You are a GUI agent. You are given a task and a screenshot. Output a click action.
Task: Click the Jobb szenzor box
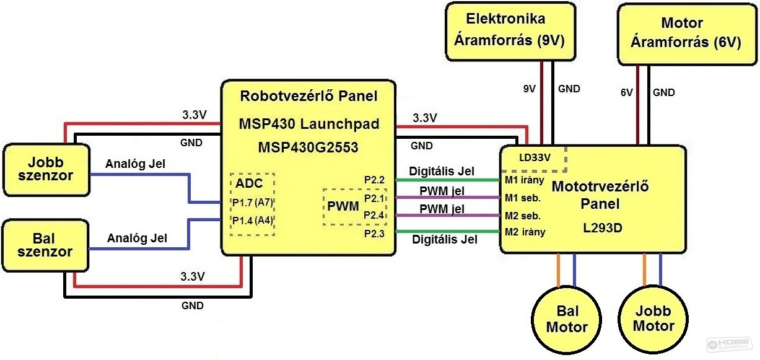click(x=46, y=170)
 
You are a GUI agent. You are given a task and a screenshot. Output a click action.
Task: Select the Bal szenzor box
click(x=45, y=245)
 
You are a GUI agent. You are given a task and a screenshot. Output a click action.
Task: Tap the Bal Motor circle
click(x=567, y=320)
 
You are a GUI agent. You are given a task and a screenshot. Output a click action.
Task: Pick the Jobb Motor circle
click(x=653, y=319)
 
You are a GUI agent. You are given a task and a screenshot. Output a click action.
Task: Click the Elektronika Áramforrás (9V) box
click(x=510, y=32)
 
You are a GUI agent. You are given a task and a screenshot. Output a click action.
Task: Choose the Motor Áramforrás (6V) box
click(x=687, y=34)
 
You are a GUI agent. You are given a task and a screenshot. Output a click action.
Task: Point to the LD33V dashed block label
click(x=535, y=157)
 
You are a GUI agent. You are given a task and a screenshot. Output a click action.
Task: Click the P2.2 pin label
click(x=374, y=180)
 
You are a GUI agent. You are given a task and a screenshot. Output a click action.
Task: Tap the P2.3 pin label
click(x=374, y=234)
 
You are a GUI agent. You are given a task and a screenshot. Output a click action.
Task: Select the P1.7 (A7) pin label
click(x=253, y=203)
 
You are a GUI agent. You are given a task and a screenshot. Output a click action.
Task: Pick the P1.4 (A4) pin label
click(x=253, y=221)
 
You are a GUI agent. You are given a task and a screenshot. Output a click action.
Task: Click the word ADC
click(x=249, y=183)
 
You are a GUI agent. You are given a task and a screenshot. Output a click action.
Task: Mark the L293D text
click(x=603, y=227)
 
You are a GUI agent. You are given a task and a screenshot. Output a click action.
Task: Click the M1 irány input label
click(x=525, y=180)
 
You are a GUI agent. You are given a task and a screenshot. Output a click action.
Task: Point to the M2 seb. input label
click(x=523, y=216)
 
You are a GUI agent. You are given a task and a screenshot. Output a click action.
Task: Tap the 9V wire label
click(x=530, y=89)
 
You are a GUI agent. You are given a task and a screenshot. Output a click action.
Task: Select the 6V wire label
click(x=627, y=92)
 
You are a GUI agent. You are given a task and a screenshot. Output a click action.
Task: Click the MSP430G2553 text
click(x=308, y=147)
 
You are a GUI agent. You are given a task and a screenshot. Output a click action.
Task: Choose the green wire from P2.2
click(x=448, y=180)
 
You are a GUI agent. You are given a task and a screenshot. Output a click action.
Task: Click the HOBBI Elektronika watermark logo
click(x=729, y=345)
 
